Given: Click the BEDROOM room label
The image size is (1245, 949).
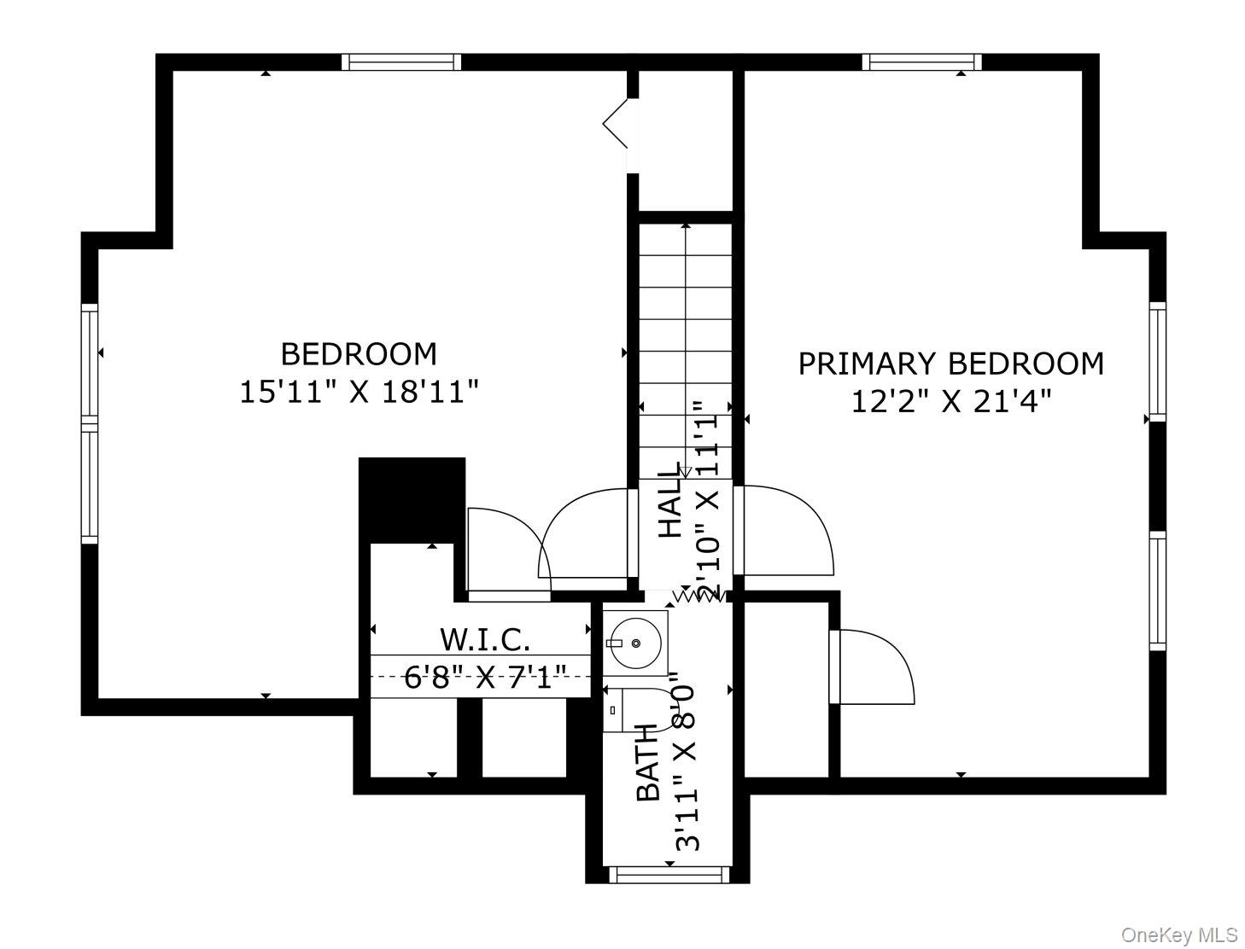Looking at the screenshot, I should pos(359,353).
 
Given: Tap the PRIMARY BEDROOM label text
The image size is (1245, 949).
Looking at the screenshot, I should pos(950,364).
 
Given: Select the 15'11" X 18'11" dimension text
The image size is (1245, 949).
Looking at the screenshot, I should pos(359,393).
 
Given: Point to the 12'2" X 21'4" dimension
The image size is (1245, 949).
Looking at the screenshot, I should pos(950,400).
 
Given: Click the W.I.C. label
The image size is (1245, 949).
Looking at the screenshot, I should pos(485,638).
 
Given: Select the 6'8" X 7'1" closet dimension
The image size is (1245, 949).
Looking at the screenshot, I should pos(485,678).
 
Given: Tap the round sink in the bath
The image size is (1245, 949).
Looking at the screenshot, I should pos(637,642).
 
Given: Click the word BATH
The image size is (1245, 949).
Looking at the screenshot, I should pos(649,762).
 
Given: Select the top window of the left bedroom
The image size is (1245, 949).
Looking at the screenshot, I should pos(401,62).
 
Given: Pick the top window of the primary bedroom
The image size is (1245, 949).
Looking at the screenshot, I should pos(921,62).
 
